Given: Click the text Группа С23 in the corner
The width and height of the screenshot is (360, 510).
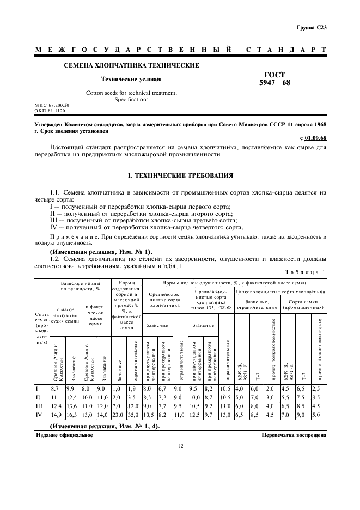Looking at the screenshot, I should coord(312,27).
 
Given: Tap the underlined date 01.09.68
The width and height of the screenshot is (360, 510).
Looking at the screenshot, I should coord(316,138).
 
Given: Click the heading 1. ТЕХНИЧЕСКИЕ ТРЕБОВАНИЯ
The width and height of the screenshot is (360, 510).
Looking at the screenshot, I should coord(180,176).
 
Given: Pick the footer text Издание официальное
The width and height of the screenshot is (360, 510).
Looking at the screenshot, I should coord(64,435).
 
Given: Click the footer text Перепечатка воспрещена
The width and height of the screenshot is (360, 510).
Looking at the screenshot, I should coord(294,435).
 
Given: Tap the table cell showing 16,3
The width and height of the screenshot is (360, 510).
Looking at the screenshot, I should coord(71,414).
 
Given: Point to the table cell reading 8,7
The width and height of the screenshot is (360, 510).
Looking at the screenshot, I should coord(54,388).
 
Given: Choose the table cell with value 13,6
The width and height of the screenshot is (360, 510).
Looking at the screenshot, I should coord(71,406).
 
